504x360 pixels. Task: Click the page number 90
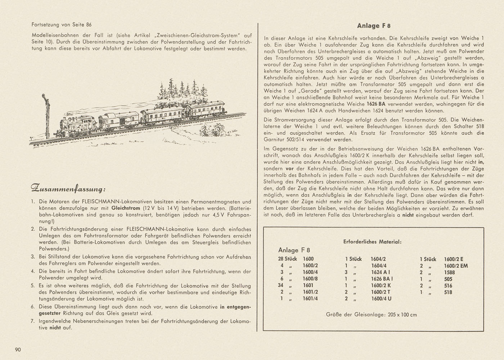click(x=19, y=350)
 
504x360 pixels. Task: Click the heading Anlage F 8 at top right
click(x=374, y=26)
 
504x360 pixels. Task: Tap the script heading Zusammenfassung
click(x=68, y=188)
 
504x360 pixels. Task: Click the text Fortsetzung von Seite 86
click(x=62, y=25)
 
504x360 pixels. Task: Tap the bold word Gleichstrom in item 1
click(x=126, y=208)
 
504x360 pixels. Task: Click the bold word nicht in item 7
click(x=55, y=328)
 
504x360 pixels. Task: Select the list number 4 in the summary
click(x=33, y=271)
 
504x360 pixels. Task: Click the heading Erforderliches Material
click(x=372, y=242)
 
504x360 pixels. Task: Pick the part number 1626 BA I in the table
click(x=382, y=279)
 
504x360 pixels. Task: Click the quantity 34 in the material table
click(x=281, y=285)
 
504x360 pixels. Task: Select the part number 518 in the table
click(x=448, y=292)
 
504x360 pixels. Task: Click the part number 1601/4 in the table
click(x=310, y=298)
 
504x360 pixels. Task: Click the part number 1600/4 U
click(x=381, y=298)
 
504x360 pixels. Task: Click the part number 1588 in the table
click(x=449, y=272)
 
